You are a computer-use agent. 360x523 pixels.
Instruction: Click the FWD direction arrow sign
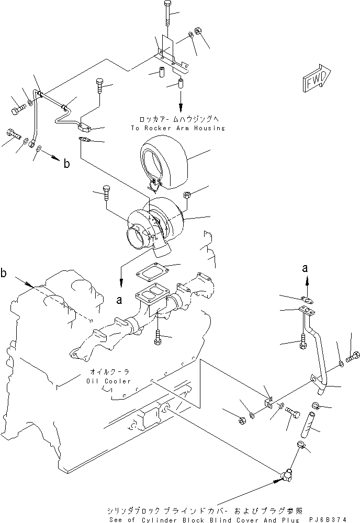[317, 79]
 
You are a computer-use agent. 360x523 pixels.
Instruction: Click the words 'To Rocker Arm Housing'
[179, 128]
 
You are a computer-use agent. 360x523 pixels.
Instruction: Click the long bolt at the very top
[166, 12]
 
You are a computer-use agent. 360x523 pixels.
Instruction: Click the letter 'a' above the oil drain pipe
[307, 269]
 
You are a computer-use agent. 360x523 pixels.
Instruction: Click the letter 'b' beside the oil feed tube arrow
[66, 164]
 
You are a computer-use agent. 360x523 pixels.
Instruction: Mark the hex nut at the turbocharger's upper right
[186, 196]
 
